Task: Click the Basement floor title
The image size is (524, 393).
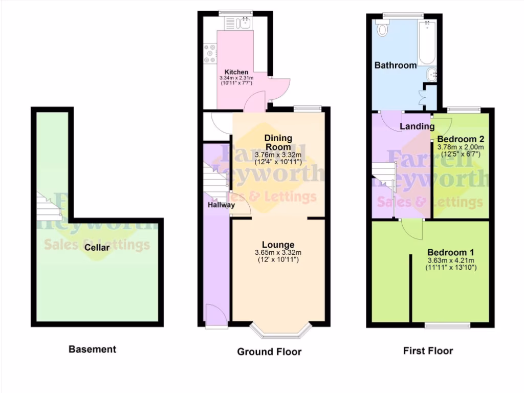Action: [x=93, y=350]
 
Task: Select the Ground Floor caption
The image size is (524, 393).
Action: [x=269, y=352]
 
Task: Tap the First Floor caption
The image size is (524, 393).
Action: [x=428, y=351]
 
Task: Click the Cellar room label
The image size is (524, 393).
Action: [x=97, y=248]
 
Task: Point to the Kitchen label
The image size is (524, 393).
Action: [x=236, y=72]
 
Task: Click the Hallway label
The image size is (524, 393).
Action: [x=222, y=205]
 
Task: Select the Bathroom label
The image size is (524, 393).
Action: [x=396, y=65]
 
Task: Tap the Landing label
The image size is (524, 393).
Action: [x=417, y=126]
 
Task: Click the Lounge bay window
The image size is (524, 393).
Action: [x=281, y=332]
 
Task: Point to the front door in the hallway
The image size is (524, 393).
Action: [x=215, y=316]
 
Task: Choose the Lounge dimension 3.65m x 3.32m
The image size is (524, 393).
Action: [x=278, y=252]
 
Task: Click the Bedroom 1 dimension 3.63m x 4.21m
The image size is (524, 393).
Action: [x=451, y=260]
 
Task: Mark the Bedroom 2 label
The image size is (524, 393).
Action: [x=461, y=139]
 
